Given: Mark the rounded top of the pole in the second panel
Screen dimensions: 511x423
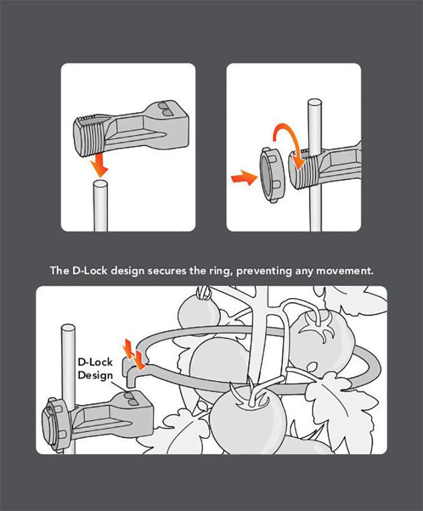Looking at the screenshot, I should [314, 104].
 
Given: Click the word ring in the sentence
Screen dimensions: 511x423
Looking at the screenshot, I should [219, 270].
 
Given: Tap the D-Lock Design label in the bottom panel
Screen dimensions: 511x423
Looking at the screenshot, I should [95, 367].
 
